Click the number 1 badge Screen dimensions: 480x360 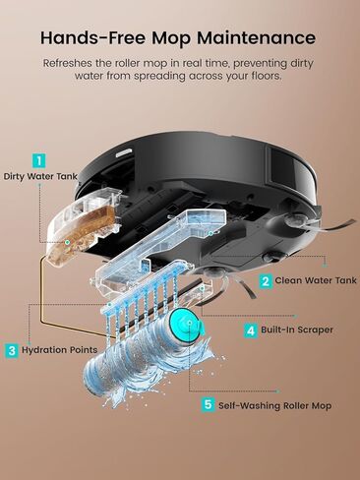(39, 158)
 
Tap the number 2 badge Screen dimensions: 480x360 (266, 280)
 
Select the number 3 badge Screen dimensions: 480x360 (12, 349)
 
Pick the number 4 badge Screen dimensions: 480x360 (251, 330)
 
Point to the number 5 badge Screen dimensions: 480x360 (208, 404)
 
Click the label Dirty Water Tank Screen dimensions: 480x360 (39, 177)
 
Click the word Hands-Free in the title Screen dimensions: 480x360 (93, 37)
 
